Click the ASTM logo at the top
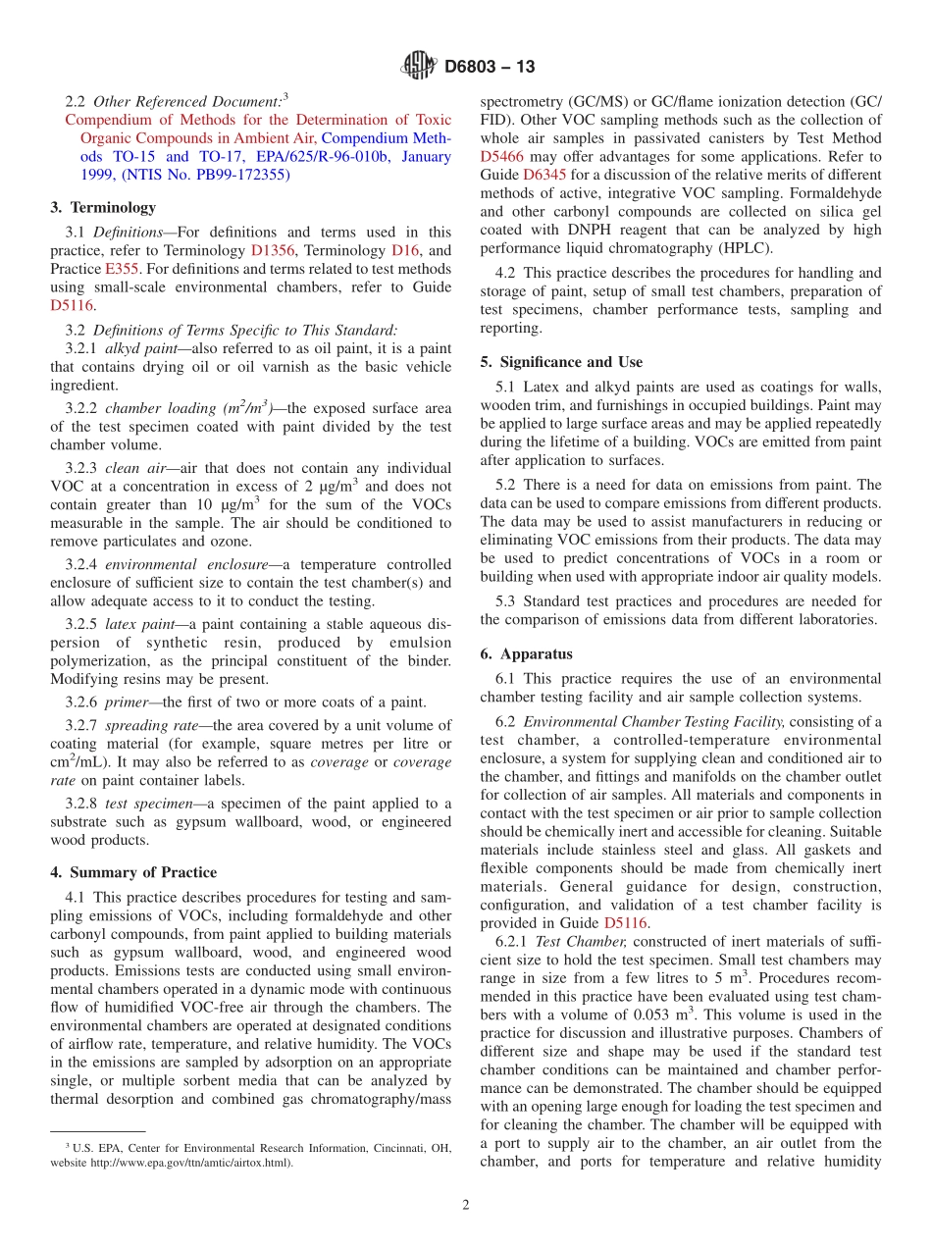click(419, 67)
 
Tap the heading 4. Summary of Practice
click(133, 872)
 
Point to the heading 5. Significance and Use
click(561, 362)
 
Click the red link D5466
click(501, 156)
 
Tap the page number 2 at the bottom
click(466, 1205)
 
